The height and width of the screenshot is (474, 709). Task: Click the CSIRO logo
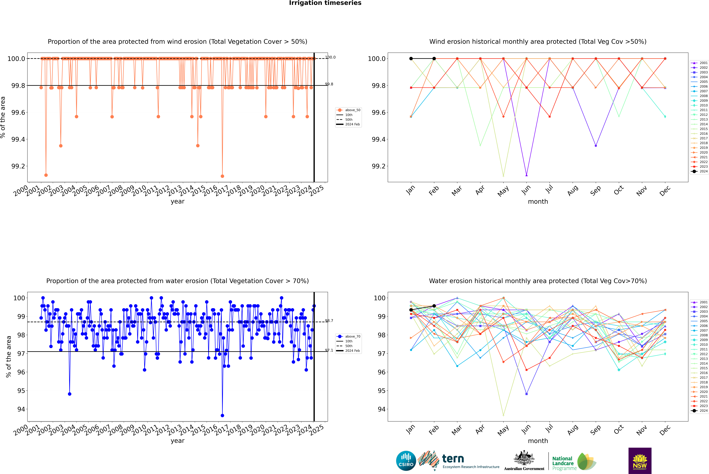(406, 461)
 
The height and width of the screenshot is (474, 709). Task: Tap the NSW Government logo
(640, 461)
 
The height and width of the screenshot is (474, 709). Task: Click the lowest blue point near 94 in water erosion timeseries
(222, 415)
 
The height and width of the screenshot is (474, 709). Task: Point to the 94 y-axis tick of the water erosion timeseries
(21, 409)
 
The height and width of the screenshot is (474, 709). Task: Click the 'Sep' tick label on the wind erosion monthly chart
(595, 190)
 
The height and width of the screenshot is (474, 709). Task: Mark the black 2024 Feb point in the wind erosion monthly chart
(434, 59)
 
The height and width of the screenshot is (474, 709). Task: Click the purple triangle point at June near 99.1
(526, 175)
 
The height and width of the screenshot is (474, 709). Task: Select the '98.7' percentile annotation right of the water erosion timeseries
(329, 321)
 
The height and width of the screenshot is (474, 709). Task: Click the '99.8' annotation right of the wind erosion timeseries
(329, 84)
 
